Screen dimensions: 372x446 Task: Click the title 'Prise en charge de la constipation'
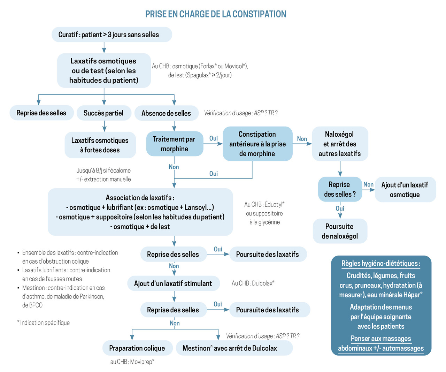(216, 14)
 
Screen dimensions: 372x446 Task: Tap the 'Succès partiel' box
(103, 113)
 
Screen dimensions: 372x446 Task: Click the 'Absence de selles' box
(166, 113)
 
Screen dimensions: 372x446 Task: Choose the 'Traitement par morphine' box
(174, 144)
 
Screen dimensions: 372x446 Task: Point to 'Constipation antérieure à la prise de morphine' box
(257, 144)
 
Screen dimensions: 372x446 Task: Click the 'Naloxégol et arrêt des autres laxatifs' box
(340, 144)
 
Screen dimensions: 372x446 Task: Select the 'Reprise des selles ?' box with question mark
(340, 189)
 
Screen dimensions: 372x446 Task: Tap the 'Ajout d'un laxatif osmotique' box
(405, 190)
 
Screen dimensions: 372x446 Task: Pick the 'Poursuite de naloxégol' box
(340, 231)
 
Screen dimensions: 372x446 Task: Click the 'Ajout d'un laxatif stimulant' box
(173, 283)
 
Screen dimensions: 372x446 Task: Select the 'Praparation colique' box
(137, 348)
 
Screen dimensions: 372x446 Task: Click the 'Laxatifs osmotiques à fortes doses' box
(100, 145)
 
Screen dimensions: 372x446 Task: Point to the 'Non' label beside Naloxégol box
(302, 139)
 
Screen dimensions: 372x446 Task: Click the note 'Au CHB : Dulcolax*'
(253, 283)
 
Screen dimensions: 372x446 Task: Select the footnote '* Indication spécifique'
(44, 323)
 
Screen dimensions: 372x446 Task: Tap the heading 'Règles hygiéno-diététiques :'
(380, 264)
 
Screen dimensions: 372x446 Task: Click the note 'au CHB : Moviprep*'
(132, 362)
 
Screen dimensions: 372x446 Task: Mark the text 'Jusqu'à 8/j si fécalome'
(103, 170)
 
